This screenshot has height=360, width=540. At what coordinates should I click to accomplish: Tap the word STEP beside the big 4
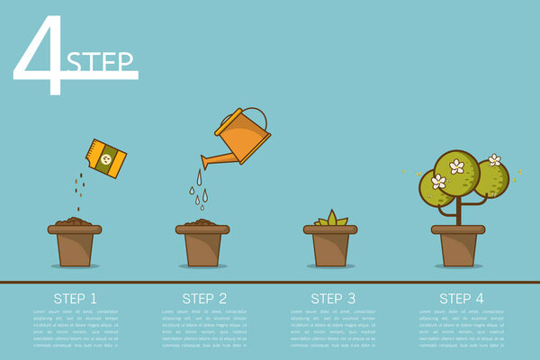[x=101, y=62]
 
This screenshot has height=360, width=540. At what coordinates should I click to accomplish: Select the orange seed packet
[x=105, y=158]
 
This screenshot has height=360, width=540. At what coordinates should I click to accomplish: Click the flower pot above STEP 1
[x=75, y=245]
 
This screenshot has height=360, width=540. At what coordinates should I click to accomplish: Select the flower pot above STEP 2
[x=202, y=245]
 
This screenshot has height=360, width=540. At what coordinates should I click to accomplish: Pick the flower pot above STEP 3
[x=330, y=245]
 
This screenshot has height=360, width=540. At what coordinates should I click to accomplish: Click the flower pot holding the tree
[x=458, y=245]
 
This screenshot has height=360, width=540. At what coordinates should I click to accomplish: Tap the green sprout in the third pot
[x=330, y=219]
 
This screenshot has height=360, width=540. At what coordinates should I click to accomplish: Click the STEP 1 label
[x=76, y=298]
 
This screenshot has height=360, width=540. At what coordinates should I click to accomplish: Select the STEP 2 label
[x=204, y=298]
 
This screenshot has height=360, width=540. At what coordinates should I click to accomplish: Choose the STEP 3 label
[x=333, y=298]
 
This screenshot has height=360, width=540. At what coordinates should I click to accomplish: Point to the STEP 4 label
[x=461, y=298]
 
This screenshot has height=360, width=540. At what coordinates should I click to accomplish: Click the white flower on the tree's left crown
[x=438, y=182]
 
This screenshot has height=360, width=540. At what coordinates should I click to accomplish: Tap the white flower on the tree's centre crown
[x=457, y=166]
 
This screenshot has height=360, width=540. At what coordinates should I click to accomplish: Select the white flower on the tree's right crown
[x=494, y=160]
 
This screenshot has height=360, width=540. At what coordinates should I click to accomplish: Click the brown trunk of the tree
[x=459, y=212]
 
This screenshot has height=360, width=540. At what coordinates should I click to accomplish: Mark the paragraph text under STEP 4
[x=461, y=328]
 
